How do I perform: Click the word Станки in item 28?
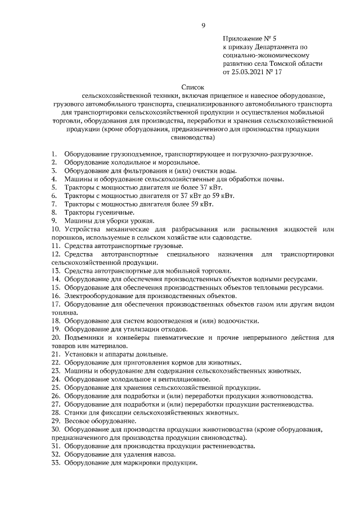74,412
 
